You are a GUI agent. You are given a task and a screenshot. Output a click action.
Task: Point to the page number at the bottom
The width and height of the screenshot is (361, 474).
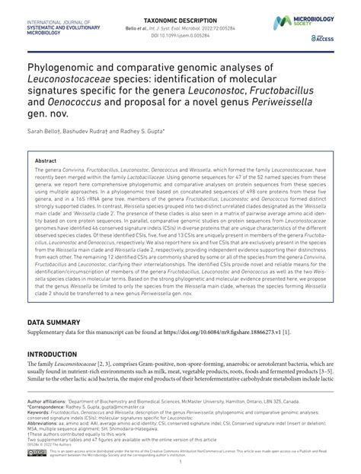(x=180, y=466)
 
